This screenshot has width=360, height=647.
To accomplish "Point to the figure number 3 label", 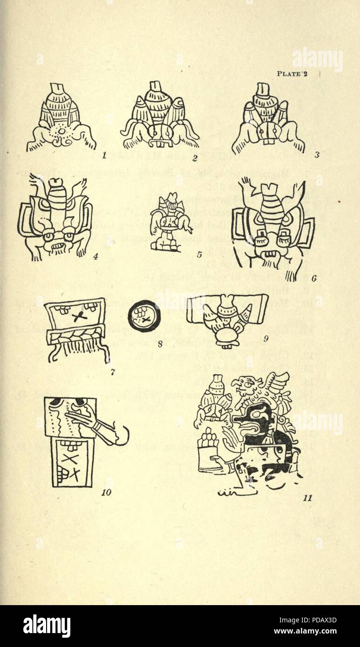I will pos(317,155).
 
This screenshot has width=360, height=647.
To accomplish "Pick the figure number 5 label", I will pos(199,254).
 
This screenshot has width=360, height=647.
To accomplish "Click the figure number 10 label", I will pos(106,492).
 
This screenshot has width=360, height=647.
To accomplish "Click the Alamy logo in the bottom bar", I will pos(47,626).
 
